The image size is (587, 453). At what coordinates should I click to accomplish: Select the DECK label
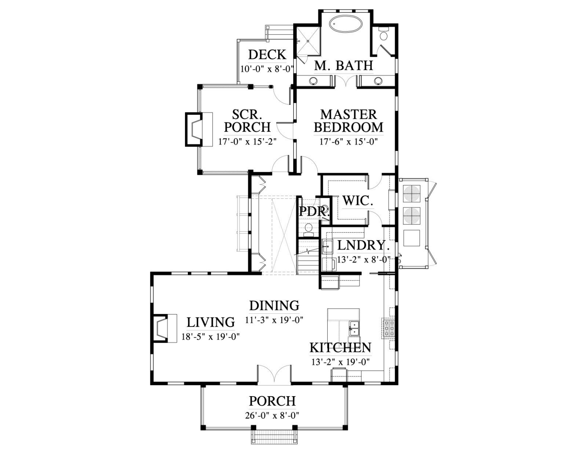(267, 55)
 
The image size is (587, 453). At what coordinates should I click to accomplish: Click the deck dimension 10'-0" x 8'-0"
(267, 69)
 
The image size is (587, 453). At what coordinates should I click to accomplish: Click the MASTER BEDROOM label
(349, 121)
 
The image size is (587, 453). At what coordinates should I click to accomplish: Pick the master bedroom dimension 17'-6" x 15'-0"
(349, 141)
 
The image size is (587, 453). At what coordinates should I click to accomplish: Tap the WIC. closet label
(358, 200)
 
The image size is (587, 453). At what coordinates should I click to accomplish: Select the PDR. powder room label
(314, 211)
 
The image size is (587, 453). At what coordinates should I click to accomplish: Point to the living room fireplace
(165, 328)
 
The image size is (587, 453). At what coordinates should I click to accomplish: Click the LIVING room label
(211, 322)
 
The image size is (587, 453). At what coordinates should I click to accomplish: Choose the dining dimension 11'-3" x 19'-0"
(274, 320)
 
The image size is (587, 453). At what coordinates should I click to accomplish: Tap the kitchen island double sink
(354, 328)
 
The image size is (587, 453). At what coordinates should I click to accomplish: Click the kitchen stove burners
(388, 328)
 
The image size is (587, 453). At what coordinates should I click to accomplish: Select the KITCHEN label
(340, 348)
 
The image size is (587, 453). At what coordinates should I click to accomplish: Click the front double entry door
(274, 375)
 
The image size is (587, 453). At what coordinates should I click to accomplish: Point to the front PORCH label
(272, 401)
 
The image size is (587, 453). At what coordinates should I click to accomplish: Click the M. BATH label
(344, 66)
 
